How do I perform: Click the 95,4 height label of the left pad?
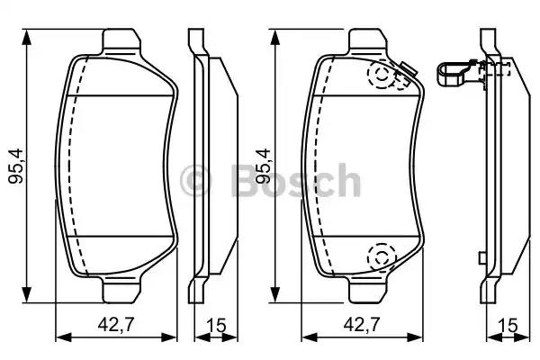[16, 166]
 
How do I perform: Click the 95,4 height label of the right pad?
[264, 166]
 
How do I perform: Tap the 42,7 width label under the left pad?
[115, 324]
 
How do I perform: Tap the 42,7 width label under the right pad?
[362, 324]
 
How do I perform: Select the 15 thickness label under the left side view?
[216, 325]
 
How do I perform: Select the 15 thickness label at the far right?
[508, 325]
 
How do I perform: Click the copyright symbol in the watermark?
[195, 181]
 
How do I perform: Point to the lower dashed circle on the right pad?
[382, 256]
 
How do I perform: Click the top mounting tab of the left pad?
[121, 41]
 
